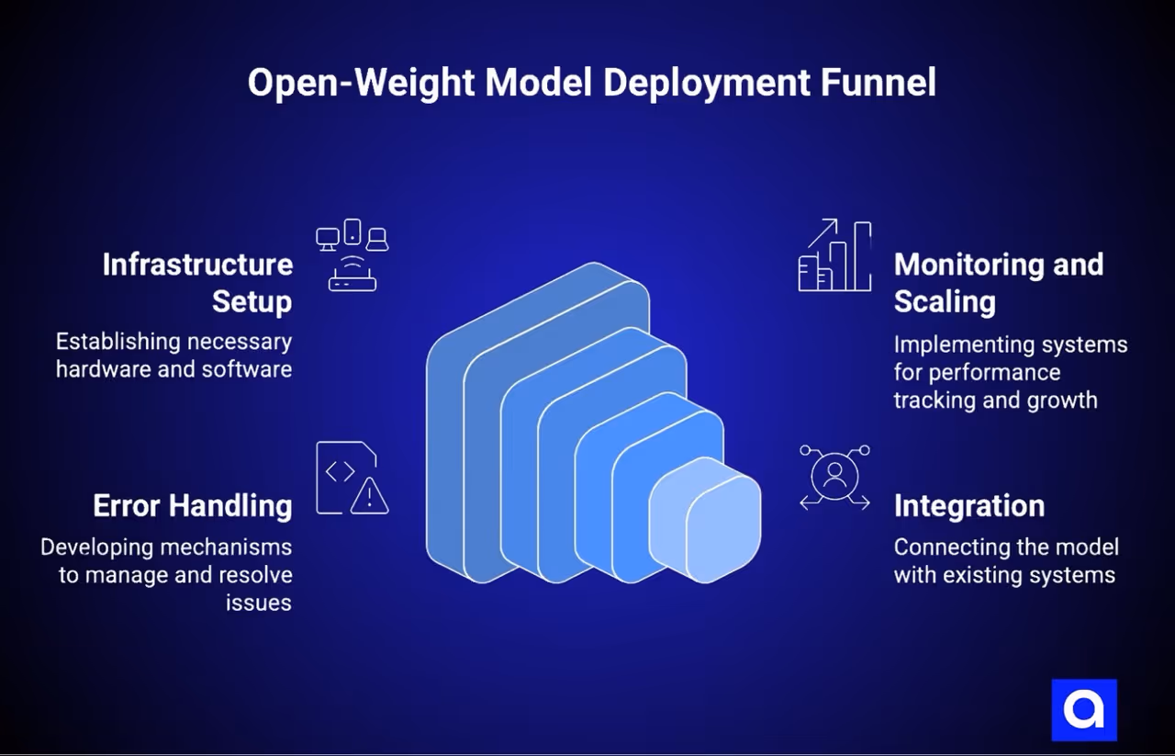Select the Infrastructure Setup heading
(197, 282)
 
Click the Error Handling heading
(193, 505)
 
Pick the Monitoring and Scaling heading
(998, 282)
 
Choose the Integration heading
(968, 505)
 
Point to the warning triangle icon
(370, 497)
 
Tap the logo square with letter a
(1084, 709)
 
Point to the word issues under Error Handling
(259, 603)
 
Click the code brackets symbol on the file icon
(341, 471)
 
